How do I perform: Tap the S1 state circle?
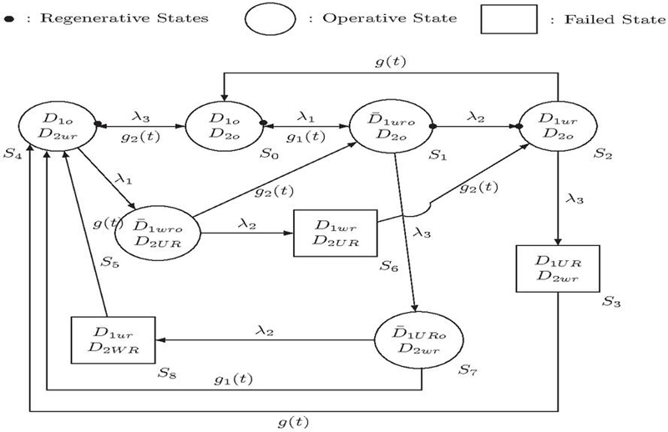tap(394, 127)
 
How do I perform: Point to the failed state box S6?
tap(335, 234)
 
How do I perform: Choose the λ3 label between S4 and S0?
tap(139, 118)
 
